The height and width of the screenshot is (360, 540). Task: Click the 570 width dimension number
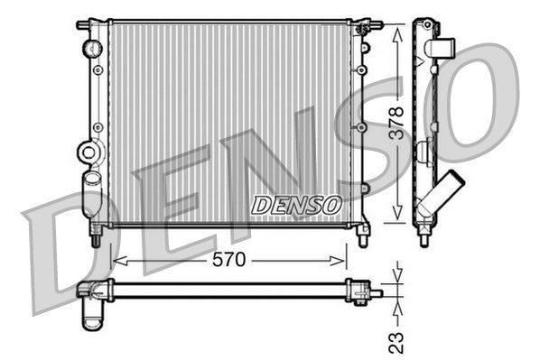(228, 261)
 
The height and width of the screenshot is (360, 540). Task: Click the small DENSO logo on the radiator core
(295, 205)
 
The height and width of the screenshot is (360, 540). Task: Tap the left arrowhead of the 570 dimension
(116, 261)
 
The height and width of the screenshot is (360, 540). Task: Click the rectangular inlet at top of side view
(442, 47)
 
